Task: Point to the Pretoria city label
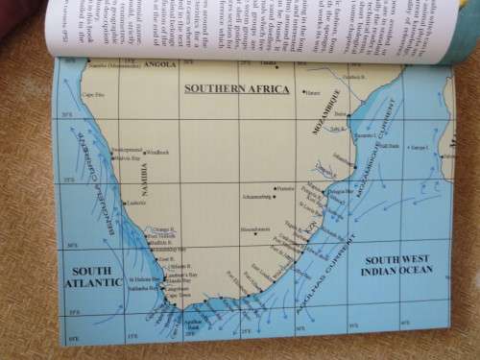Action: [284, 188]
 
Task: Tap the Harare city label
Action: [311, 93]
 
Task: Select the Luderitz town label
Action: [134, 203]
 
